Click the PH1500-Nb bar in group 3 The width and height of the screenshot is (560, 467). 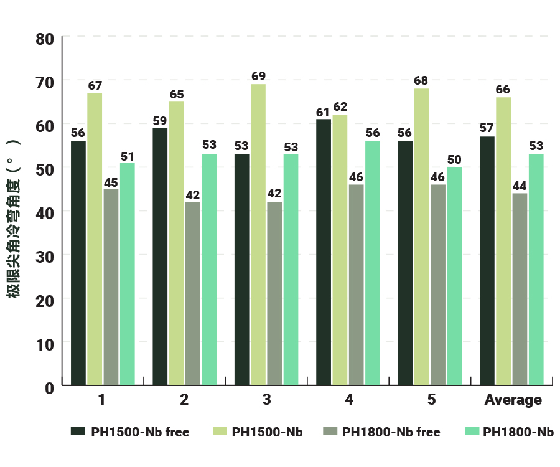pyautogui.click(x=258, y=235)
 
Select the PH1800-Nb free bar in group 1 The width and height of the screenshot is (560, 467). pyautogui.click(x=111, y=288)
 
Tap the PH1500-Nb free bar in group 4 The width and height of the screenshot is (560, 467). pyautogui.click(x=324, y=253)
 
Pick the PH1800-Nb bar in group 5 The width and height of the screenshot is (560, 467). pyautogui.click(x=454, y=276)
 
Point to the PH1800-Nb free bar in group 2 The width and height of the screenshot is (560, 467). pyautogui.click(x=193, y=294)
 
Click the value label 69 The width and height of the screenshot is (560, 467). pyautogui.click(x=258, y=77)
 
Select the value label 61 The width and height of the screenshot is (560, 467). pyautogui.click(x=323, y=112)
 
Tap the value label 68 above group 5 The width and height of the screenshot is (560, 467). pyautogui.click(x=421, y=81)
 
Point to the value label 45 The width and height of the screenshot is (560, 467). pyautogui.click(x=111, y=182)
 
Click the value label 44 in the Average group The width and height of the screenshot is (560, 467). pyautogui.click(x=519, y=186)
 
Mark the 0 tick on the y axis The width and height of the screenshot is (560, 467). pyautogui.click(x=49, y=387)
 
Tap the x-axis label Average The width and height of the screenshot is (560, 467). pyautogui.click(x=513, y=400)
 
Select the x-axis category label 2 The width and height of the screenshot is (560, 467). pyautogui.click(x=184, y=400)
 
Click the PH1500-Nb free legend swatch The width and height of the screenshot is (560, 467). pyautogui.click(x=78, y=432)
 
